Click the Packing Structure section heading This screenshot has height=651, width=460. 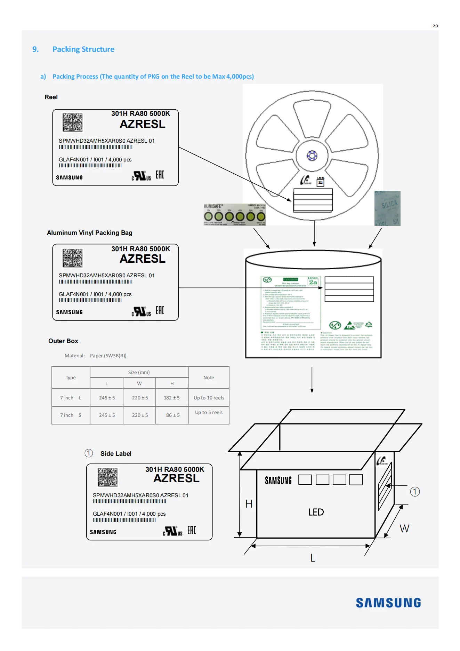pos(83,49)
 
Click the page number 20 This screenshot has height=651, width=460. pos(435,26)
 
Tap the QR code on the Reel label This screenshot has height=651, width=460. pos(73,122)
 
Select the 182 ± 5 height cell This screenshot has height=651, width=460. pos(172,398)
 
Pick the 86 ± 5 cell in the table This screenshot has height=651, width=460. pos(172,415)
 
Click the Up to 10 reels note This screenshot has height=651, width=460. pos(209,398)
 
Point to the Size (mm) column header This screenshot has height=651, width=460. pos(139,372)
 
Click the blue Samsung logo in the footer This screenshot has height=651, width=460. pos(388,603)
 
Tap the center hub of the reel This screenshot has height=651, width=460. pos(312,156)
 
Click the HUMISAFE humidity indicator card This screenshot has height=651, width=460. pos(234,215)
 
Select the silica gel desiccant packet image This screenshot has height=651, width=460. pos(387,208)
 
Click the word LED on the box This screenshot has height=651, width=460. pos(316,512)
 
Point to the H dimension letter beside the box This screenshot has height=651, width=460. pos(249,504)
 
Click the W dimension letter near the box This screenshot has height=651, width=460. pos(404,529)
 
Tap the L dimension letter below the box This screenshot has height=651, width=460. pos(313,558)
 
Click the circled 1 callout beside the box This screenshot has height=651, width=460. pos(415,492)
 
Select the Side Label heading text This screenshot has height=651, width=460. pos(116,454)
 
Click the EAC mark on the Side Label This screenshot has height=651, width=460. pos(192,530)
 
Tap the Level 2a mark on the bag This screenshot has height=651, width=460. pos(313,281)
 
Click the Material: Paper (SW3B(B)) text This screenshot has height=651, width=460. pos(96,356)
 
